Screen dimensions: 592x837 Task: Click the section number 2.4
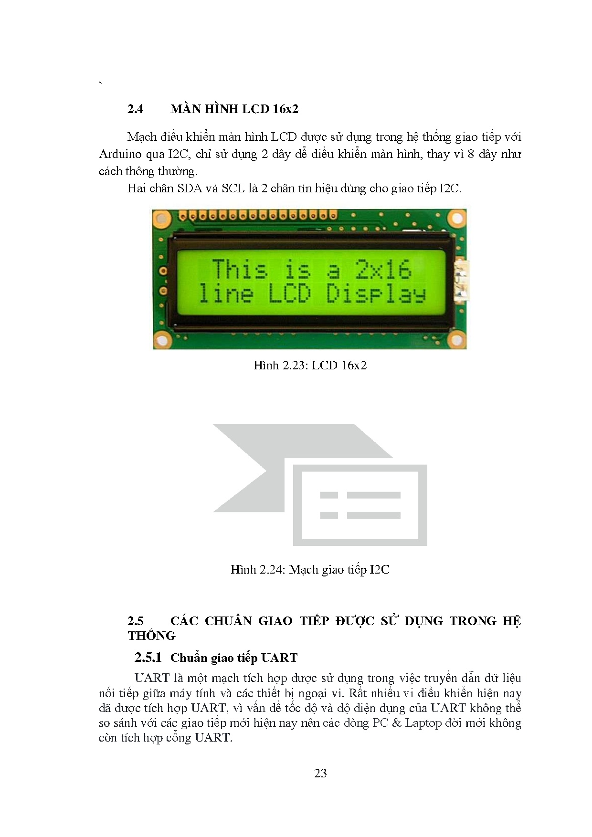135,109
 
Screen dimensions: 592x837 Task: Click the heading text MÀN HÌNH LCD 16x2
234,109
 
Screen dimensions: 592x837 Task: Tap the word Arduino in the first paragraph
120,154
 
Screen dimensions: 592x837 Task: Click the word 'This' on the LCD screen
240,269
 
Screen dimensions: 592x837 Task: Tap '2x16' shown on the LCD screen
383,269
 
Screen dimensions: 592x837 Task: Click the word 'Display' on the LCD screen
376,294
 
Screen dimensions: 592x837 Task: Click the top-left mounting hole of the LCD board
162,219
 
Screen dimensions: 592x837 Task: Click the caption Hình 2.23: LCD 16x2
310,366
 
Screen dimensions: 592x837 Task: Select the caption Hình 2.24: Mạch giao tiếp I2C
310,569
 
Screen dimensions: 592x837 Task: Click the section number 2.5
135,621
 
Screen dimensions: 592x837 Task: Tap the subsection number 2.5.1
148,658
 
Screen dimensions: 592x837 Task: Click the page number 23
320,774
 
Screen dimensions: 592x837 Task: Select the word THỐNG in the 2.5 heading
151,636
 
